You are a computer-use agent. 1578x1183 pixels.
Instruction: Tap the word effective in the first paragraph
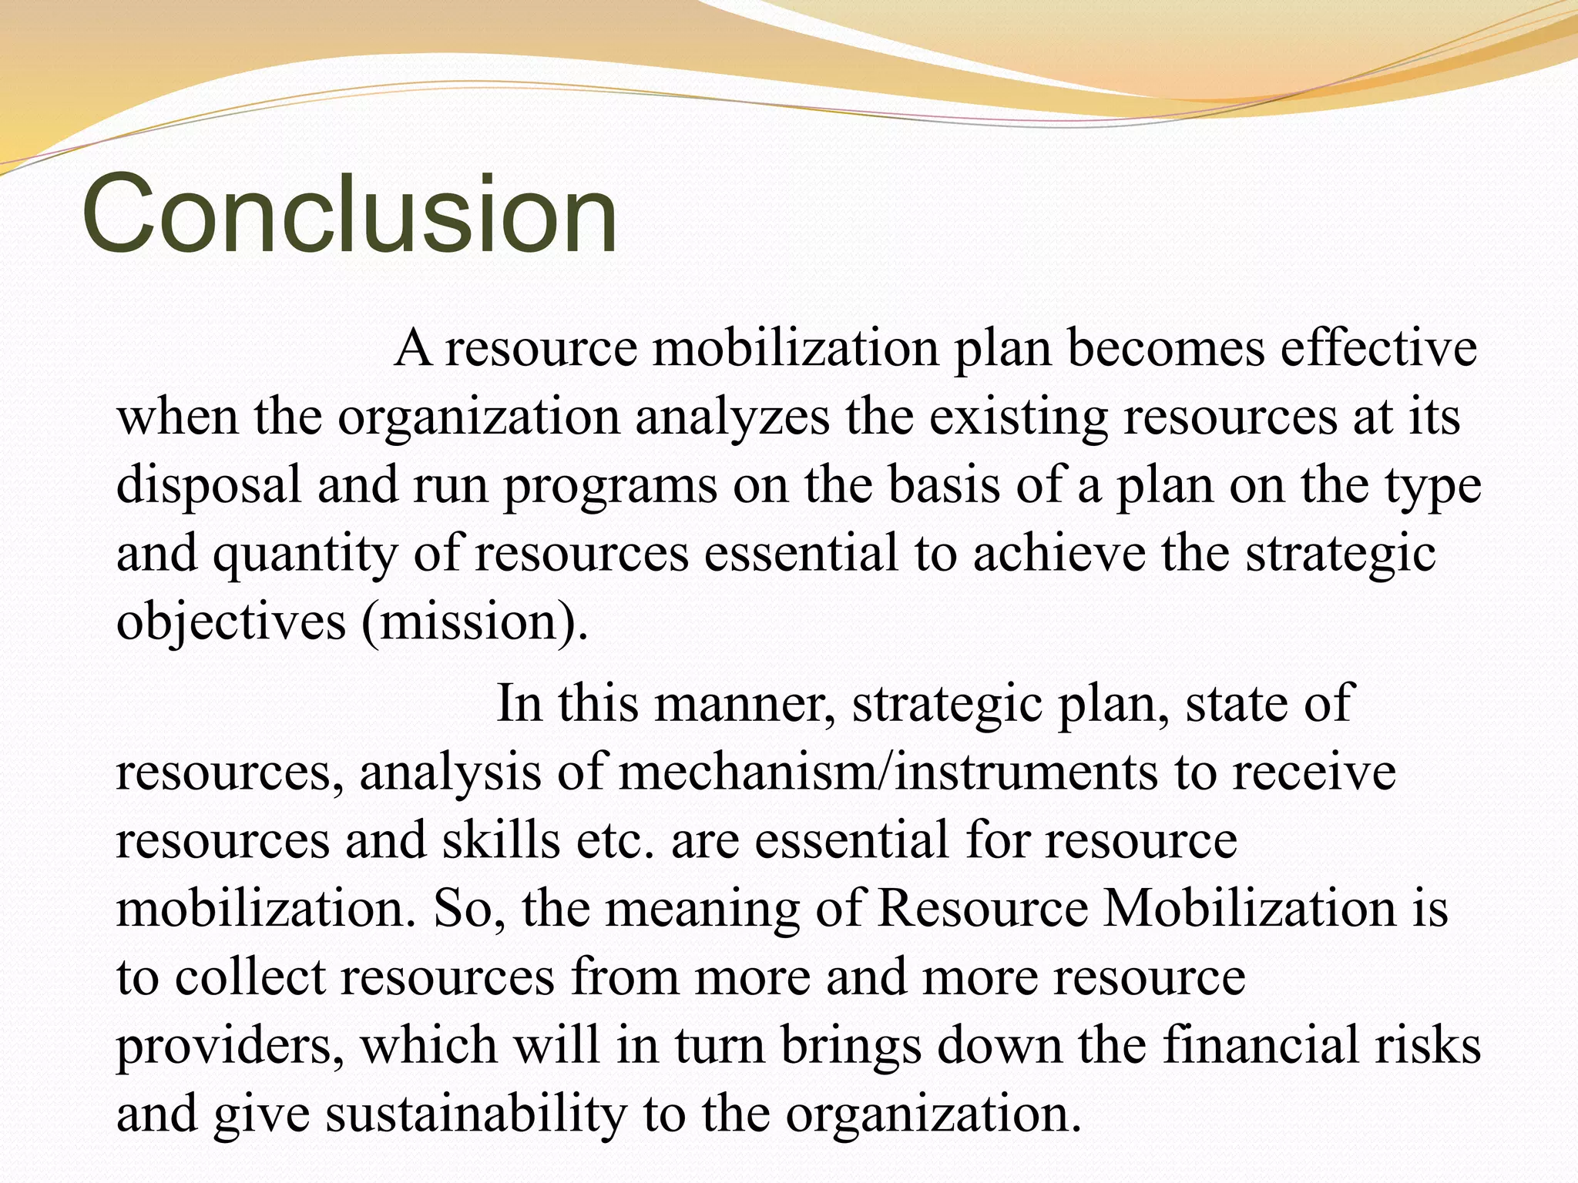[1378, 348]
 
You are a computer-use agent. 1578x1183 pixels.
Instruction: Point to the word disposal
[209, 486]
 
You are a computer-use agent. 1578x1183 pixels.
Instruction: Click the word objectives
[231, 622]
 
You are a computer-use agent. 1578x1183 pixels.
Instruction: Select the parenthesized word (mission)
[474, 622]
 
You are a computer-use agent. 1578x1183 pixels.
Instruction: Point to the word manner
[744, 703]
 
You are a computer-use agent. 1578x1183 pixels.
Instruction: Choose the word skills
[501, 839]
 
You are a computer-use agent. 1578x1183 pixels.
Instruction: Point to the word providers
[230, 1045]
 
